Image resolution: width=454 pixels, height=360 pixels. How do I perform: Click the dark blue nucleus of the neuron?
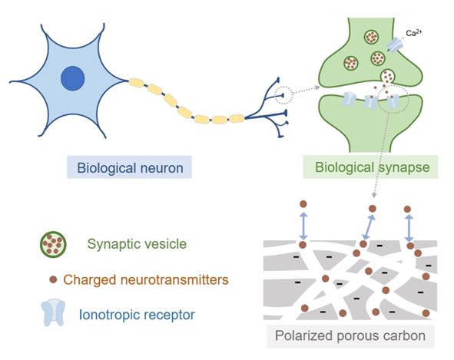point(73,78)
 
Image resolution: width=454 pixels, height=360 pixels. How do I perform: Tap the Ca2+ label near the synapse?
point(413,33)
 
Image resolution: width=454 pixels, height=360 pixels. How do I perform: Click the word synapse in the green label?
point(405,167)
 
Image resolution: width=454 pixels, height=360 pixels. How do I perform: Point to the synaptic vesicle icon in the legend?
point(53,244)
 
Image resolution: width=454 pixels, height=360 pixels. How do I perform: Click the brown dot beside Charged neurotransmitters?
point(53,279)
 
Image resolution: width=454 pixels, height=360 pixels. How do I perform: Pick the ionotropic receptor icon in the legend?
point(53,312)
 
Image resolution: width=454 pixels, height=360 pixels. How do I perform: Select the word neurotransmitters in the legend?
point(174,280)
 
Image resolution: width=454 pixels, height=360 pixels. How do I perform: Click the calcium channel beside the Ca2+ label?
point(395,45)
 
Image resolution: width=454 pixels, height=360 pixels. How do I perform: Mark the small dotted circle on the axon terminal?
point(283,95)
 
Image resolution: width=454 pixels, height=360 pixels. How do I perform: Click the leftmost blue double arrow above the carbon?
point(303,226)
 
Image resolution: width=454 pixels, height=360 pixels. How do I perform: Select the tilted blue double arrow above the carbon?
point(369,227)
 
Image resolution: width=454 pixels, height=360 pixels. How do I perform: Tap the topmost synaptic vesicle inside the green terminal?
point(371,37)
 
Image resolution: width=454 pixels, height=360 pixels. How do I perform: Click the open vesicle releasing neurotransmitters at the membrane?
point(387,77)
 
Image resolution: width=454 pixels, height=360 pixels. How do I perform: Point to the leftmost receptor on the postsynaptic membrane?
point(350,99)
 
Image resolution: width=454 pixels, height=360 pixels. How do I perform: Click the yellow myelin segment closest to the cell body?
point(137,82)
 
